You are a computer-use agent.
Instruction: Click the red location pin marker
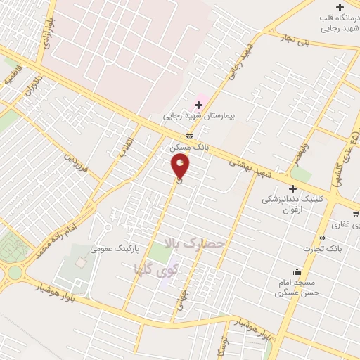pyautogui.click(x=181, y=167)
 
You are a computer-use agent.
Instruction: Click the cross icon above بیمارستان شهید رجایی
pyautogui.click(x=198, y=104)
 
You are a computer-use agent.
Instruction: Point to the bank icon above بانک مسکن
pyautogui.click(x=189, y=137)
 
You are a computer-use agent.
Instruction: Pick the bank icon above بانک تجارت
pyautogui.click(x=322, y=237)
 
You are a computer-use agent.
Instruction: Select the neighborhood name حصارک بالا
pyautogui.click(x=194, y=244)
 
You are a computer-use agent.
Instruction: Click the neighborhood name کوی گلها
pyautogui.click(x=157, y=267)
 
